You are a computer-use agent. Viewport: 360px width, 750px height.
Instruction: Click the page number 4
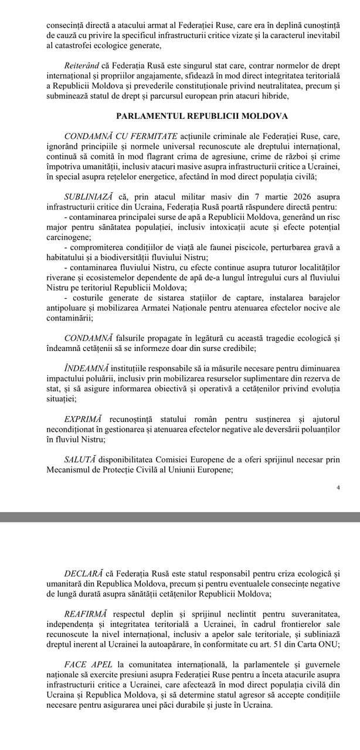[339, 487]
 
